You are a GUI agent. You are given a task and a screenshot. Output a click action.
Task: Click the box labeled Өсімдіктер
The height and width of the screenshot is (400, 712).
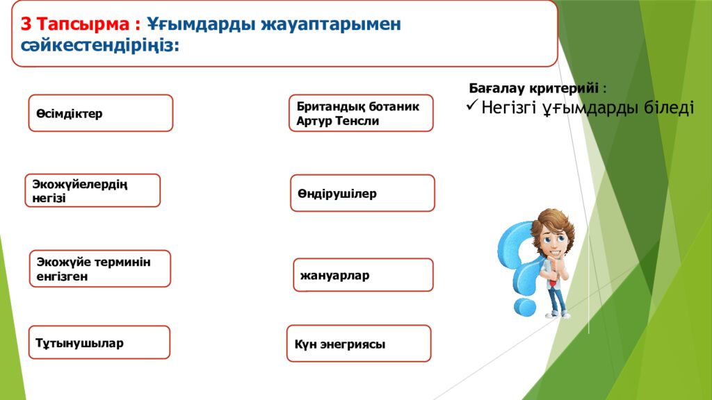pyautogui.click(x=100, y=113)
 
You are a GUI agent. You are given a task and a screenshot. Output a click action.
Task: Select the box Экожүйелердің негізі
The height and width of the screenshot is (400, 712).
pyautogui.click(x=92, y=191)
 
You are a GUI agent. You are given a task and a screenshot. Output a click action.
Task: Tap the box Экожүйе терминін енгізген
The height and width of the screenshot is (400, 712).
pyautogui.click(x=104, y=269)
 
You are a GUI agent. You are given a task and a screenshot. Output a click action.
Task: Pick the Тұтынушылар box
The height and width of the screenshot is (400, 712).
pyautogui.click(x=99, y=342)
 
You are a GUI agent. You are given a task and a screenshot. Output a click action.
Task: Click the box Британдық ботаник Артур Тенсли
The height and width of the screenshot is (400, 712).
pyautogui.click(x=360, y=113)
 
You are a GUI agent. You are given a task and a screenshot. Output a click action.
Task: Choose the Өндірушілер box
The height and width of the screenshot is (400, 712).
pyautogui.click(x=362, y=193)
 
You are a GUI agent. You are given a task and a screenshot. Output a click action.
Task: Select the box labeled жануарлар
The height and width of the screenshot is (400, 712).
pyautogui.click(x=363, y=275)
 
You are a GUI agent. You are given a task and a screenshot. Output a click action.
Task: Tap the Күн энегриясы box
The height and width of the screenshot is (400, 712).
pyautogui.click(x=358, y=344)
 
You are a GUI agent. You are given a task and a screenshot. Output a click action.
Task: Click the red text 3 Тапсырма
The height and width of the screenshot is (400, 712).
pyautogui.click(x=80, y=24)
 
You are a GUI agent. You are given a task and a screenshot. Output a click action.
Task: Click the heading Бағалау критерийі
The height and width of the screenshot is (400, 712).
pyautogui.click(x=533, y=89)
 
